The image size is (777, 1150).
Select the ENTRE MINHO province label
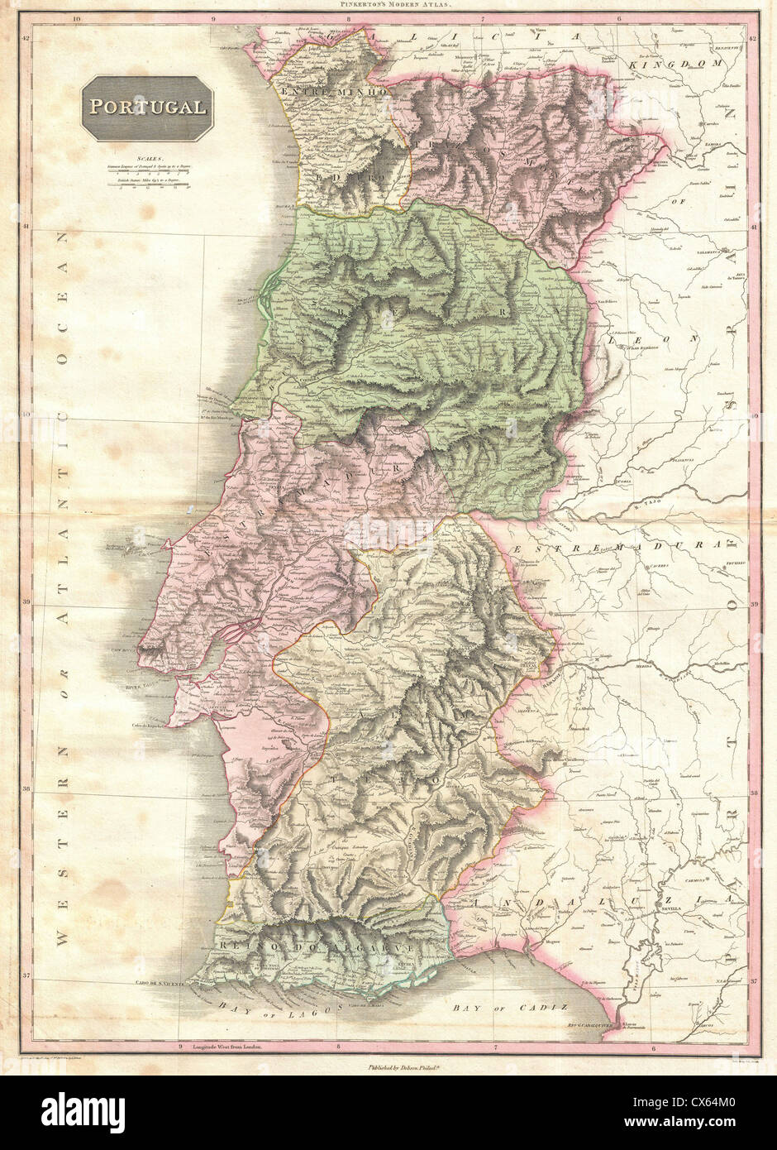(x=334, y=93)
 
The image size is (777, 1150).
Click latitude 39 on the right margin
(x=754, y=604)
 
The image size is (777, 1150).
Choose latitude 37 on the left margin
(x=26, y=977)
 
